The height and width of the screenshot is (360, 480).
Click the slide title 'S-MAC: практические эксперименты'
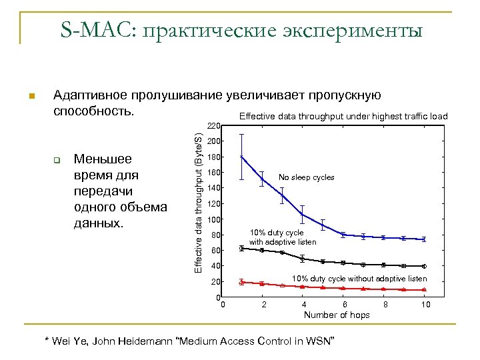click(x=241, y=31)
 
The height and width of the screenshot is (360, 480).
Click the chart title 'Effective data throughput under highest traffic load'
click(x=343, y=116)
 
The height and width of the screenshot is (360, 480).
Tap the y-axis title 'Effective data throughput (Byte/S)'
click(x=198, y=201)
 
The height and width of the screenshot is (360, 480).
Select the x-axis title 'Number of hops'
click(x=337, y=315)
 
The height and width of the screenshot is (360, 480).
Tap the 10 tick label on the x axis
click(x=426, y=305)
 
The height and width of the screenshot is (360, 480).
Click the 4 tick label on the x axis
click(x=304, y=305)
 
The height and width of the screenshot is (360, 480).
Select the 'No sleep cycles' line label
click(x=306, y=177)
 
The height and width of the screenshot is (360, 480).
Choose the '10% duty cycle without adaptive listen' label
click(x=359, y=278)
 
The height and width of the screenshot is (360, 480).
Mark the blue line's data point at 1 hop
click(x=241, y=157)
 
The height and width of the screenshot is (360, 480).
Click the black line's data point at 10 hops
click(x=424, y=266)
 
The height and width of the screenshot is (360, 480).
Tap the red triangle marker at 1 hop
click(x=241, y=282)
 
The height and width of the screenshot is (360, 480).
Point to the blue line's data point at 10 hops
click(x=424, y=239)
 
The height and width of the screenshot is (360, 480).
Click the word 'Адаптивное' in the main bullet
click(x=90, y=95)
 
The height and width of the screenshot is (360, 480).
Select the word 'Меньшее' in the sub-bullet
click(x=103, y=159)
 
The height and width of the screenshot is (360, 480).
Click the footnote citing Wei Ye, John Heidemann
click(x=189, y=341)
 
